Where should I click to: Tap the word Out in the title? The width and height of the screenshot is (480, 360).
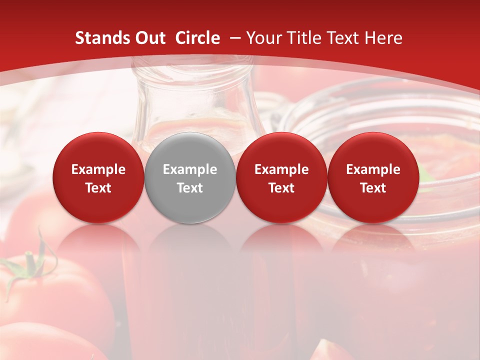149,38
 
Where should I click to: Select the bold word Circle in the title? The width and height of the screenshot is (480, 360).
197,38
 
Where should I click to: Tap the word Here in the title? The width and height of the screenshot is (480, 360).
384,38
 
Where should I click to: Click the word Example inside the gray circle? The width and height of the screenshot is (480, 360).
190,169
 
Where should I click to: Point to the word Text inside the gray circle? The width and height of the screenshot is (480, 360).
190,188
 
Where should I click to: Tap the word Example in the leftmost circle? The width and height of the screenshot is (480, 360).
98,169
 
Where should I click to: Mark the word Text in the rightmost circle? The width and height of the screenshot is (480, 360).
373,188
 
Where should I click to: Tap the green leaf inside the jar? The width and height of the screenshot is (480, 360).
424,175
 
